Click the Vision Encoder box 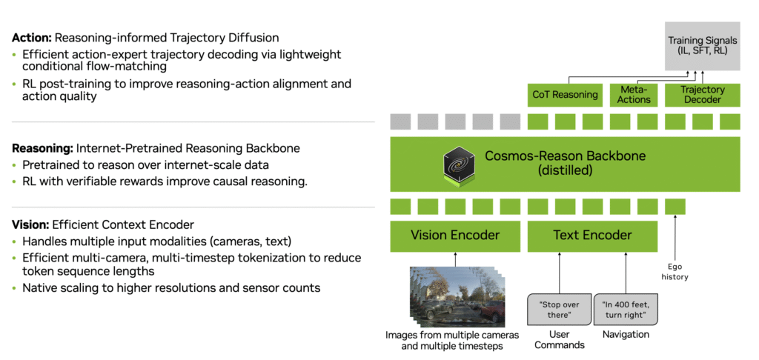click(455, 236)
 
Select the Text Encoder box click(592, 236)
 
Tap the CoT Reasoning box click(565, 94)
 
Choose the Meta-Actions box click(634, 94)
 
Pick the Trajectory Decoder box click(702, 94)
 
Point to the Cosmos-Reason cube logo click(459, 162)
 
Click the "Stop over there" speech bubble click(560, 308)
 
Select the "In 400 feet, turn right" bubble click(626, 308)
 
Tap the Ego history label click(675, 272)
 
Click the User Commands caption click(560, 339)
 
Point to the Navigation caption click(626, 334)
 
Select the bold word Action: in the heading click(32, 37)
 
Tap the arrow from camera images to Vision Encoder click(455, 259)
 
